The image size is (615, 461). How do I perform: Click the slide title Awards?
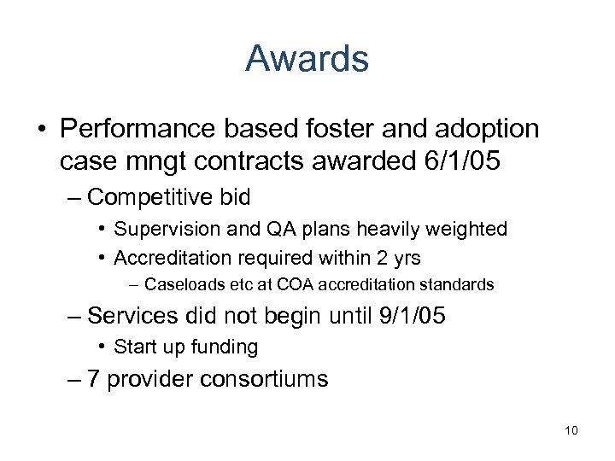(x=307, y=59)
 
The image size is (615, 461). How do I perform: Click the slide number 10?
(x=571, y=430)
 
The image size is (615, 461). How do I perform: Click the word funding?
(x=227, y=347)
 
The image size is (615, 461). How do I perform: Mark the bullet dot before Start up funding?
(x=102, y=347)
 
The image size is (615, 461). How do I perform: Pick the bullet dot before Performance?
(x=42, y=130)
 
